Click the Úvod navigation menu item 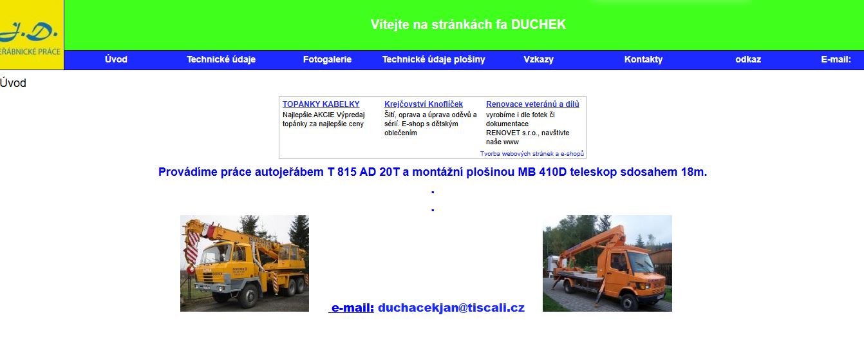click(116, 59)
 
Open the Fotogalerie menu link click(327, 59)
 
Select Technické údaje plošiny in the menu click(433, 59)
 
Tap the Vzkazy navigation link click(538, 59)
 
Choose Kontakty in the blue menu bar click(643, 59)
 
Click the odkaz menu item click(748, 59)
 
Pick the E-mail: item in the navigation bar click(836, 59)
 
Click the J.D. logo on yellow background click(32, 35)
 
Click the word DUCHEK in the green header click(538, 24)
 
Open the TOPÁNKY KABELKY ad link click(321, 104)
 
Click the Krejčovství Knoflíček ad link click(424, 104)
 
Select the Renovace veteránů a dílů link click(532, 104)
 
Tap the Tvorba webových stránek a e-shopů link click(532, 153)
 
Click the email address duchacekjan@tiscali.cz click(451, 308)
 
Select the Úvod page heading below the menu click(13, 83)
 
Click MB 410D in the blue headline click(542, 172)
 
